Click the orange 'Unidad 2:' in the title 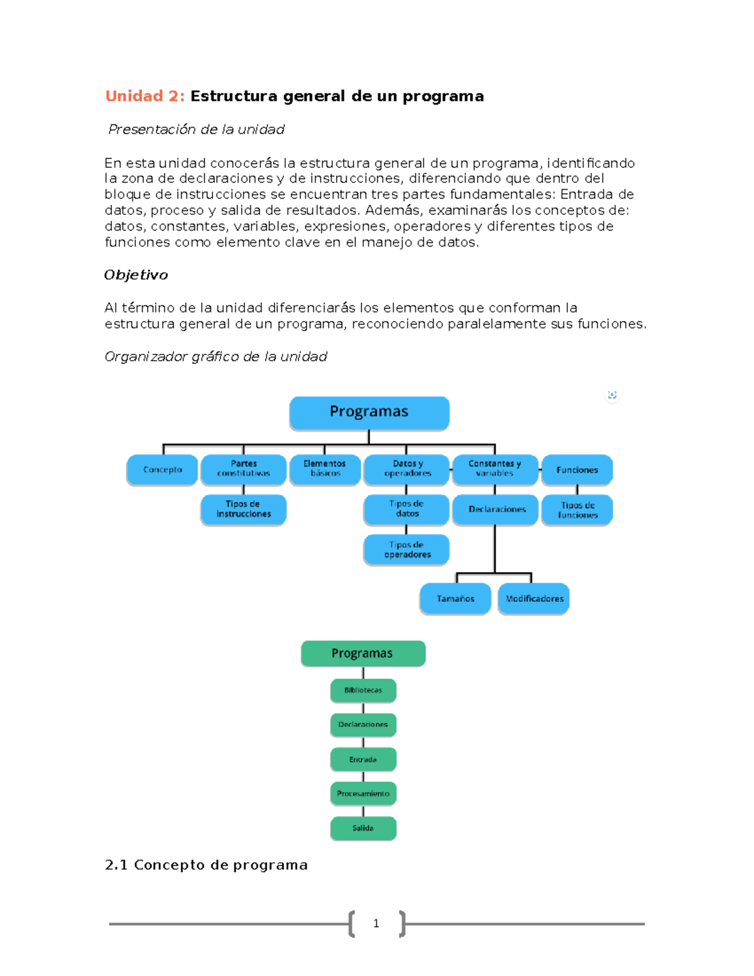[145, 96]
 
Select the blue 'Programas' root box [369, 412]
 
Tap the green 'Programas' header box [363, 654]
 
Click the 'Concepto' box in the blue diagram [162, 470]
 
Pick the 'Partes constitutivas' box [243, 469]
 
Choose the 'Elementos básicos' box [325, 469]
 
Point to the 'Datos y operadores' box [407, 469]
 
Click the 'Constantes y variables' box [494, 469]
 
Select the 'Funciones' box [577, 470]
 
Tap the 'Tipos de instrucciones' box [243, 509]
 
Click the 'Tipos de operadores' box [407, 550]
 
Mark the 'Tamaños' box [455, 599]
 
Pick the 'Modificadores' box [533, 599]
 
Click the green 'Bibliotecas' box [363, 690]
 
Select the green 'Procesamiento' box [363, 794]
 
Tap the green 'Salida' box [363, 828]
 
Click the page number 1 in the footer [376, 923]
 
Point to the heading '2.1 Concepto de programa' [206, 865]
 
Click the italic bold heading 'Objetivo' [136, 275]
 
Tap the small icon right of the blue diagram [612, 395]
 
